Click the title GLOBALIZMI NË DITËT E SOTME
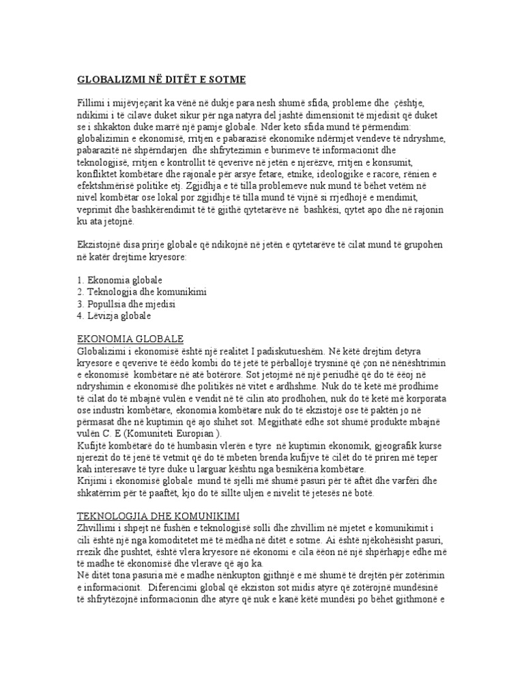point(162,79)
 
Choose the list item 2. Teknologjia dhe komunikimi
point(143,292)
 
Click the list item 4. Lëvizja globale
point(115,316)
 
